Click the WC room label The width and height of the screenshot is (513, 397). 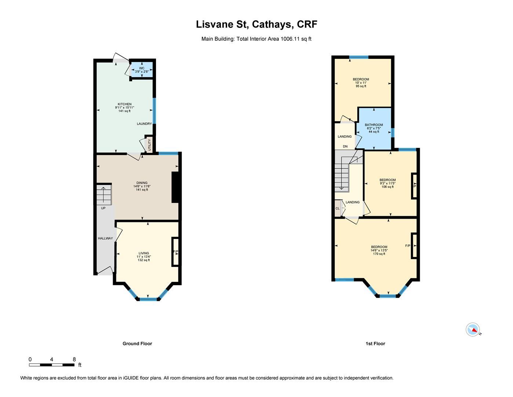coord(142,68)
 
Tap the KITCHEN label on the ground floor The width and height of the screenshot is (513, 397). coord(125,104)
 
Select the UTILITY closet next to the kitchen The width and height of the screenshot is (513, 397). coord(149,144)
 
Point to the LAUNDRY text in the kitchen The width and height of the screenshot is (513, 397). coord(144,124)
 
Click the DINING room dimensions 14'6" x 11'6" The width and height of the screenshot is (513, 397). coord(142,186)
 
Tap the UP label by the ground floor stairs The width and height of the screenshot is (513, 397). coord(103,208)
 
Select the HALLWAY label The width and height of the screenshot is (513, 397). coord(105,238)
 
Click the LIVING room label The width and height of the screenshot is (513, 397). coord(144,253)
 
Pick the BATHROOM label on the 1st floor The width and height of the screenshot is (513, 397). coord(374,125)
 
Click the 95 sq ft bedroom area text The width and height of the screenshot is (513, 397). coord(361,86)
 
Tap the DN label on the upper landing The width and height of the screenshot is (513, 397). coord(345,146)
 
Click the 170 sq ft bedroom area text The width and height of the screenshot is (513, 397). coord(379,254)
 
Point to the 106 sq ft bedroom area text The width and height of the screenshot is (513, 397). coord(388,187)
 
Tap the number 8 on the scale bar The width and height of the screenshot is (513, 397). coord(74,360)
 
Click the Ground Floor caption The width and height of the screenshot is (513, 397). coord(137,344)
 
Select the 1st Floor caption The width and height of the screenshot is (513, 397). coord(375,344)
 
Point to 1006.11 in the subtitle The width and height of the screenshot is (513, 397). coord(290,39)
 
